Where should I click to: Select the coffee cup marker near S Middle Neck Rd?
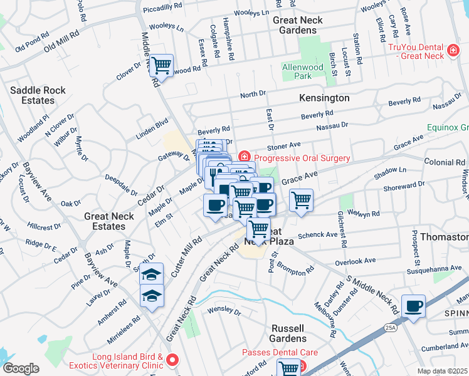tap(413, 306)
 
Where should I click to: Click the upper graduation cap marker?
tap(151, 274)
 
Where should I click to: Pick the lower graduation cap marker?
tap(151, 296)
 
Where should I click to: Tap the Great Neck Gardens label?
tap(298, 25)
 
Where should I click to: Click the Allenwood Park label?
tap(297, 71)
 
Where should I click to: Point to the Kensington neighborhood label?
tap(324, 98)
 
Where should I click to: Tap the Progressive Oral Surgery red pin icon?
tap(245, 157)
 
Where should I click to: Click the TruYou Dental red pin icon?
tap(451, 50)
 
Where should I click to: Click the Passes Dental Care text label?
tap(280, 353)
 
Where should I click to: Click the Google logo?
tap(21, 368)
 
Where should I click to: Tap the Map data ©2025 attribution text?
tap(442, 371)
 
